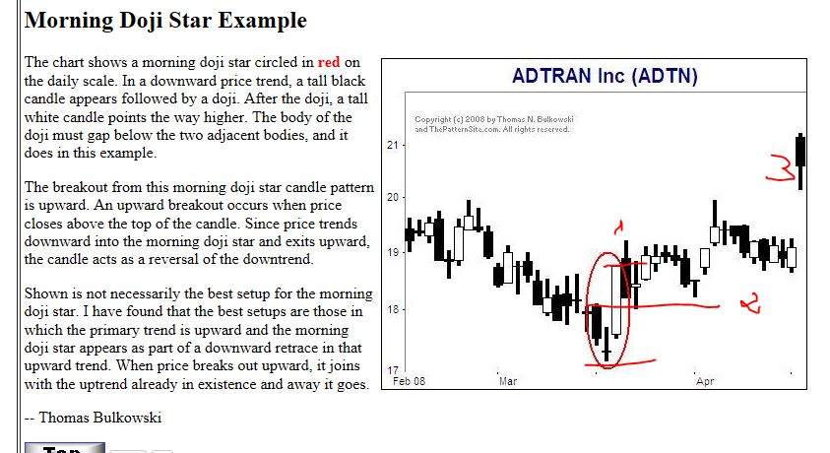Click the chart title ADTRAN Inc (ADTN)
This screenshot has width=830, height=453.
pos(605,76)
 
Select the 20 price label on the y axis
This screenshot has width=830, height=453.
pos(392,197)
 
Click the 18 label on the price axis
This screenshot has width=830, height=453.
pos(392,309)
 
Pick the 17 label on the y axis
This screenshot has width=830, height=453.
pos(392,370)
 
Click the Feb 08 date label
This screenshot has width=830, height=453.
pos(410,381)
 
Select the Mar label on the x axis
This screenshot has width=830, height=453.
pos(508,381)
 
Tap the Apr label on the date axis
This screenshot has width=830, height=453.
pos(705,381)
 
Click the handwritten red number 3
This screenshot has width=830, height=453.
pos(782,167)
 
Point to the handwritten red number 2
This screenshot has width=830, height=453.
pos(751,302)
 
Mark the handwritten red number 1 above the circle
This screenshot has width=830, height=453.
pos(618,227)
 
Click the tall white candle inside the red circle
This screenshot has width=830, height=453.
pos(616,300)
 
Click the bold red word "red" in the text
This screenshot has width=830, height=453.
pos(329,62)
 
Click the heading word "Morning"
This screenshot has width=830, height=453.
pos(68,21)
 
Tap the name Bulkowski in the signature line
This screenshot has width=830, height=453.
pos(128,418)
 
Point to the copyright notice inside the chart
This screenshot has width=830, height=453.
pos(494,124)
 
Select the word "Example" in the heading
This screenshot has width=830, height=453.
pos(263,21)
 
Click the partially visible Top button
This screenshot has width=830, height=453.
pos(65,448)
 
